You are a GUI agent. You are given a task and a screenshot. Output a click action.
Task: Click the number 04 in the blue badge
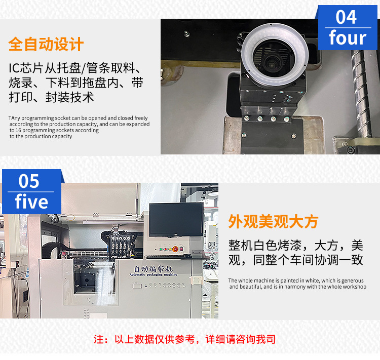tap(346, 17)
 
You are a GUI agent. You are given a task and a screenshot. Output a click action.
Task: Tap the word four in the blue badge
tap(348, 37)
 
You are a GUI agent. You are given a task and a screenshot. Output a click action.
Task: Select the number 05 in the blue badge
tap(28, 181)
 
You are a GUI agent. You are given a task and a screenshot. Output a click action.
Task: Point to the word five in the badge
tap(31, 201)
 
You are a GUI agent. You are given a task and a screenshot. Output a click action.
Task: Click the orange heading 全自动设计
tap(46, 44)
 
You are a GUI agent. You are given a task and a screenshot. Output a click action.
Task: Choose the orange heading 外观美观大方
tap(273, 221)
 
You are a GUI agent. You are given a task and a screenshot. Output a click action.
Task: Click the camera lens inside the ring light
tap(272, 63)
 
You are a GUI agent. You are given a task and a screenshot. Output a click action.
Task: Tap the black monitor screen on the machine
tap(176, 219)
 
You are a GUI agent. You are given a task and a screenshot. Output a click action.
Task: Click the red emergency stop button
tap(175, 249)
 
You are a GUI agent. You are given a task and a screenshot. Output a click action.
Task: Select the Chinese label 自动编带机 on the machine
tap(154, 269)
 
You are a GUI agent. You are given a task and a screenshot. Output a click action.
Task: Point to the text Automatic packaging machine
tap(154, 275)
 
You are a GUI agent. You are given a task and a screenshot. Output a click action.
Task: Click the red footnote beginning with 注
tap(184, 339)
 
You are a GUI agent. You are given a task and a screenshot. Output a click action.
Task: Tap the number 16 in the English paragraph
tap(18, 130)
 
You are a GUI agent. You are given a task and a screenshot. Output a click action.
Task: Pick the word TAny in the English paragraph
tap(14, 118)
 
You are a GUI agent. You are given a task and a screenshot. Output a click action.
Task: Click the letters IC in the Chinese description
tap(14, 68)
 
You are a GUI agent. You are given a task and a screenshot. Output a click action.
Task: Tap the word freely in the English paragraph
tap(141, 118)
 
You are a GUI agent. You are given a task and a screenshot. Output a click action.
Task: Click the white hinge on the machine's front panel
tap(196, 281)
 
